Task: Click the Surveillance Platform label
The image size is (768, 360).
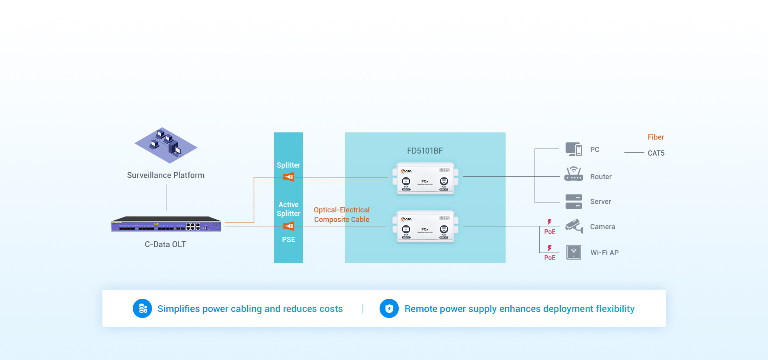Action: [x=166, y=175]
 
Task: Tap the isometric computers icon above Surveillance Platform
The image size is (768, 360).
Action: [x=166, y=145]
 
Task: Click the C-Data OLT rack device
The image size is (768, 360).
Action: [x=166, y=224]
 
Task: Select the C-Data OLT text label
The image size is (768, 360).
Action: [x=165, y=244]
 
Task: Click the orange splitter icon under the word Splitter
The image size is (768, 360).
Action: [x=289, y=177]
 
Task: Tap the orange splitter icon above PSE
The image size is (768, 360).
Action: [x=289, y=226]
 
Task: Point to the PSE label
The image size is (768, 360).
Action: [x=288, y=240]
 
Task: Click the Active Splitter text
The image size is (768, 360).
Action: [x=288, y=209]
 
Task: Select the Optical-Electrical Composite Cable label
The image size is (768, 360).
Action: [x=342, y=215]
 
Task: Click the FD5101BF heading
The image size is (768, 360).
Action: [x=425, y=151]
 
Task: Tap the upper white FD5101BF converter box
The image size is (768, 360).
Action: [x=425, y=178]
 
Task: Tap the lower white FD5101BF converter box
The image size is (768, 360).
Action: [x=425, y=226]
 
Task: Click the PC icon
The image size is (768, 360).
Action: [x=574, y=149]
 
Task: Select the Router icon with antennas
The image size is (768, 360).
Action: [x=574, y=174]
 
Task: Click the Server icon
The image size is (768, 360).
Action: [x=574, y=202]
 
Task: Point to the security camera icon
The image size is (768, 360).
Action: [x=574, y=226]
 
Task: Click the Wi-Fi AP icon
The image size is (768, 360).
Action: [x=574, y=252]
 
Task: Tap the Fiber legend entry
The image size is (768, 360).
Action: [x=655, y=137]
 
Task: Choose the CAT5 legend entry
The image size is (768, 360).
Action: [x=656, y=153]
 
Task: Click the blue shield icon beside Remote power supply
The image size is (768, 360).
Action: [x=389, y=308]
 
